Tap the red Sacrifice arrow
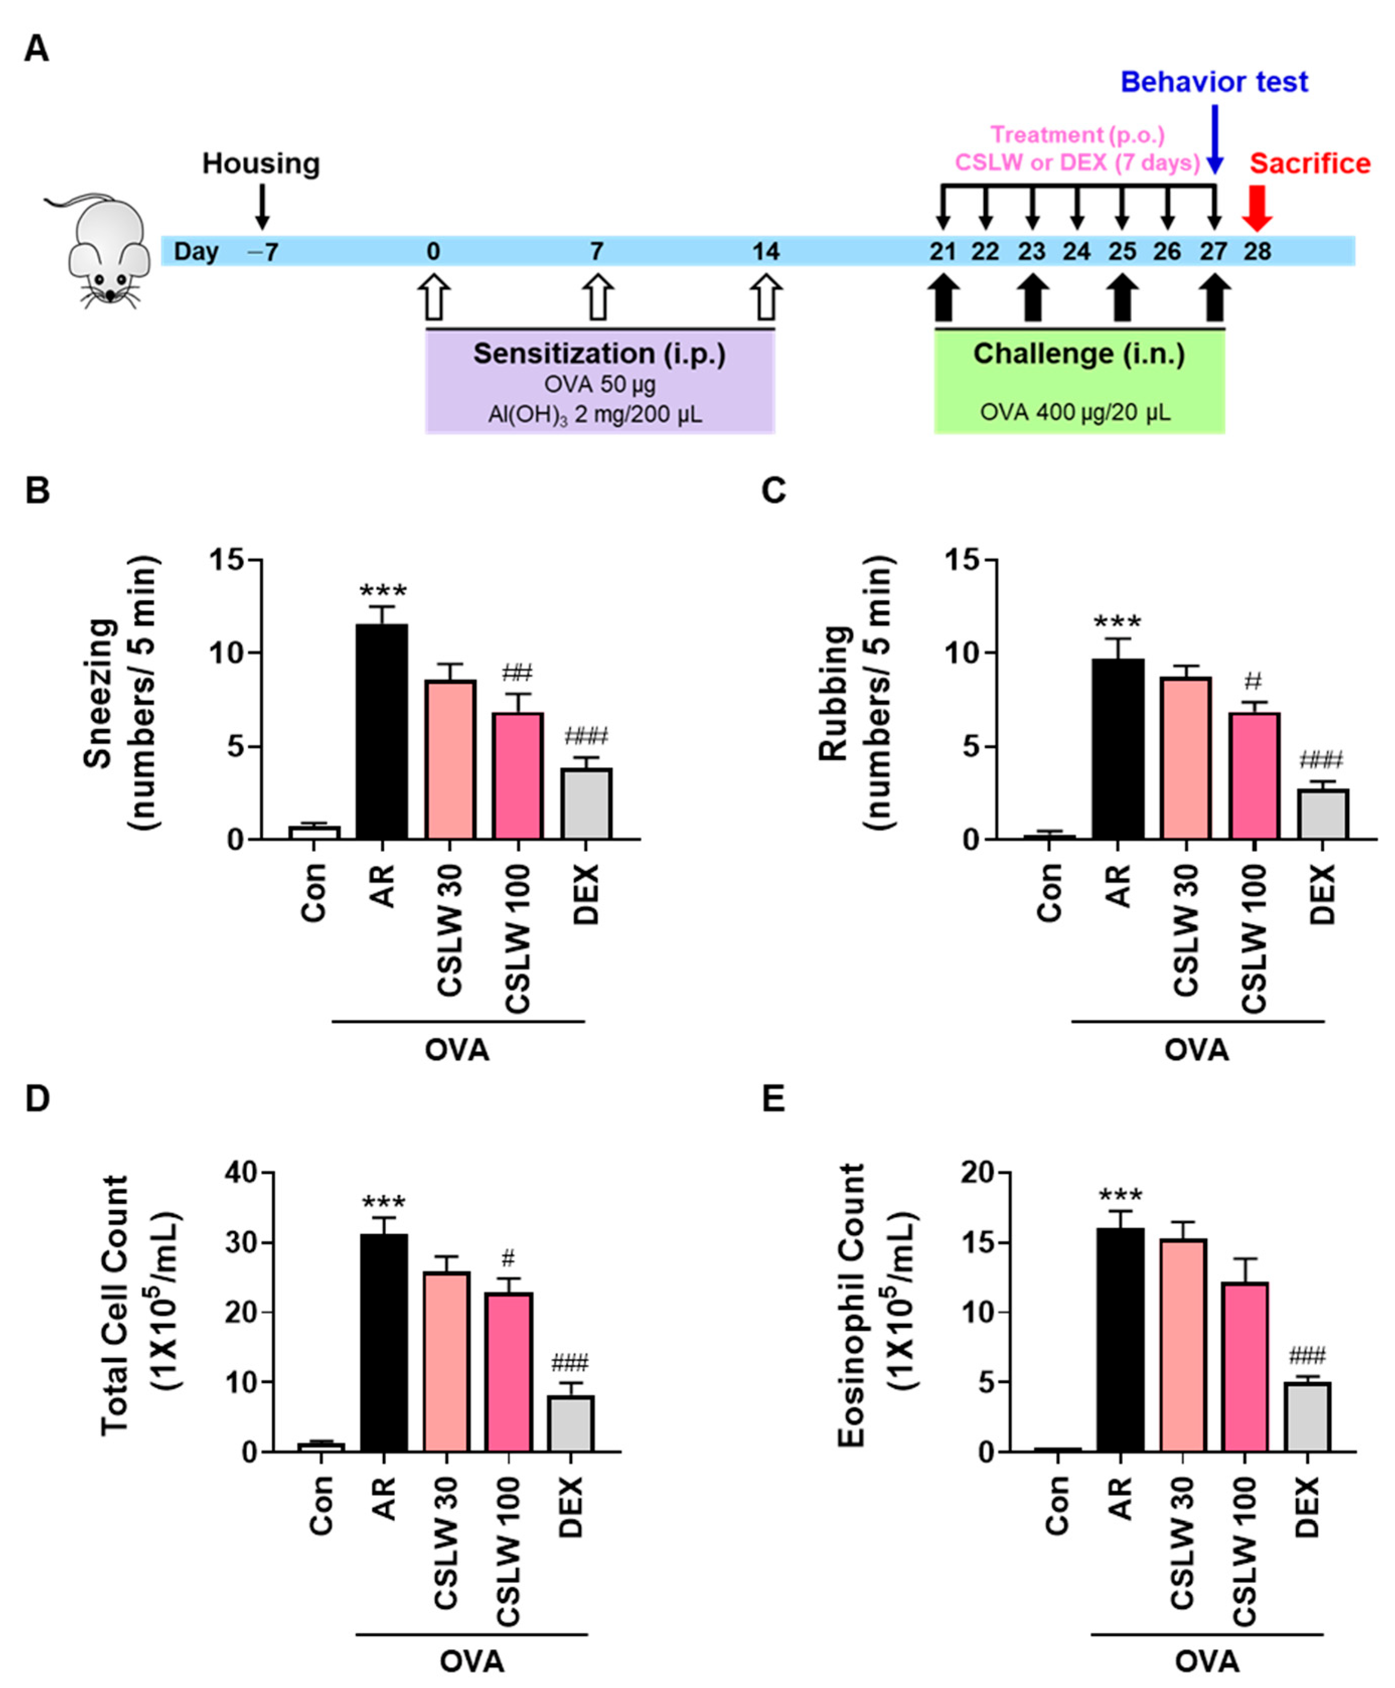1256,209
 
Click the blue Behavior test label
1214,82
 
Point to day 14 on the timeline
766,252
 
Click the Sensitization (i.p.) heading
600,354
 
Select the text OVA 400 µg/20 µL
1075,413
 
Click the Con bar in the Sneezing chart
314,833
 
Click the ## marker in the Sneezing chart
518,673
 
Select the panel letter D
37,1099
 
